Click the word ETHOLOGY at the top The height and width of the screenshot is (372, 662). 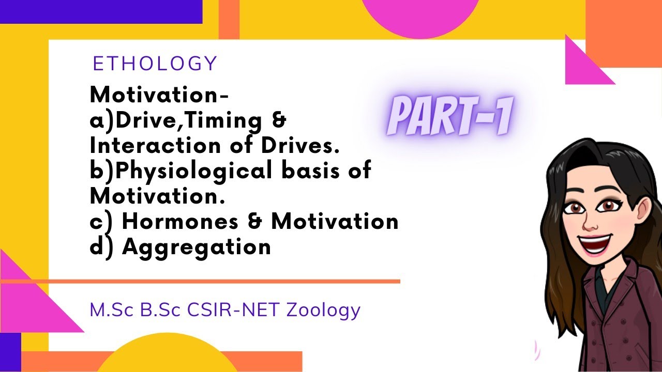coord(155,64)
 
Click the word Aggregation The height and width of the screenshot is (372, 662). coord(197,247)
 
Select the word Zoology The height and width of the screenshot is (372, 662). coord(323,311)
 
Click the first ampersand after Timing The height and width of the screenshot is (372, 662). coord(278,121)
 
